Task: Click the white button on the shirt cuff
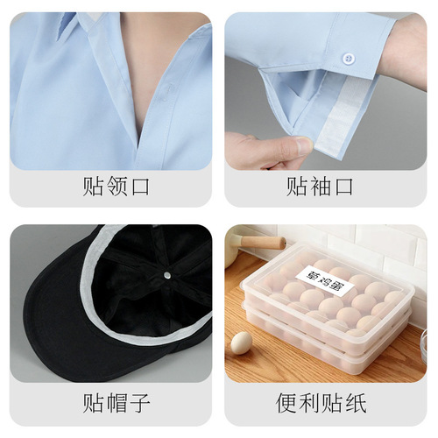(x=349, y=59)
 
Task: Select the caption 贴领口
(x=111, y=187)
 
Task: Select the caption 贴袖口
(x=326, y=187)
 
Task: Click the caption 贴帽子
(x=111, y=404)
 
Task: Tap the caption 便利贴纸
(x=326, y=404)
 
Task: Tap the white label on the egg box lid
(x=324, y=276)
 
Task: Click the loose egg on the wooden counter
(x=241, y=341)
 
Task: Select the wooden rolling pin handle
(x=262, y=243)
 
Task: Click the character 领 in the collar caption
(x=111, y=187)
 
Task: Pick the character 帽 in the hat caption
(x=111, y=404)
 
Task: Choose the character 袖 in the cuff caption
(x=326, y=187)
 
